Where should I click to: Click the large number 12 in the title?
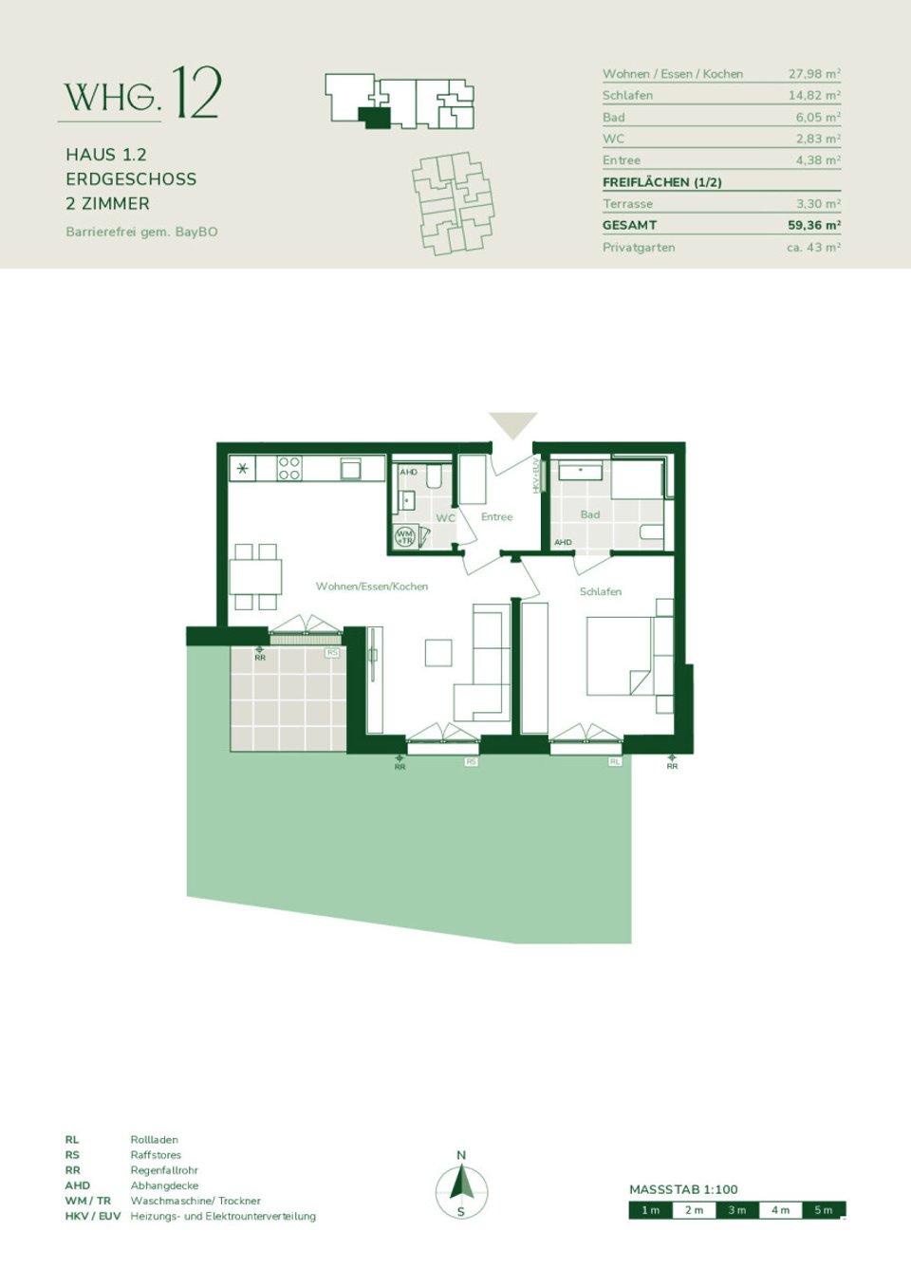(197, 93)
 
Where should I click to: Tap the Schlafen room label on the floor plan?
(601, 591)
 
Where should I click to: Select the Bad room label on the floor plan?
(590, 514)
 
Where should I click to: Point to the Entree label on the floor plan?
(496, 517)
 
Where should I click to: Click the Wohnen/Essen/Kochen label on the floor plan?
(372, 587)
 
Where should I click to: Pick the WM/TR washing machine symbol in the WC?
(405, 536)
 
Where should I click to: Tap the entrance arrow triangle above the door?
(512, 423)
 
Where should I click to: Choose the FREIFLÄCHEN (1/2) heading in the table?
(661, 182)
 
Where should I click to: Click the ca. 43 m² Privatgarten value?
(814, 247)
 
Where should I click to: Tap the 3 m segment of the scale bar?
(737, 1210)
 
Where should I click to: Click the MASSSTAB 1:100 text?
(683, 1189)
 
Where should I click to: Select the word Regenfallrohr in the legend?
(164, 1170)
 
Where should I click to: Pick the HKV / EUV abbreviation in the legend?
(93, 1216)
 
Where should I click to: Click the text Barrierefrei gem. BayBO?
(141, 232)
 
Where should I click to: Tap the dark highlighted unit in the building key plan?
(376, 118)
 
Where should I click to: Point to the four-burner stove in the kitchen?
(289, 468)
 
